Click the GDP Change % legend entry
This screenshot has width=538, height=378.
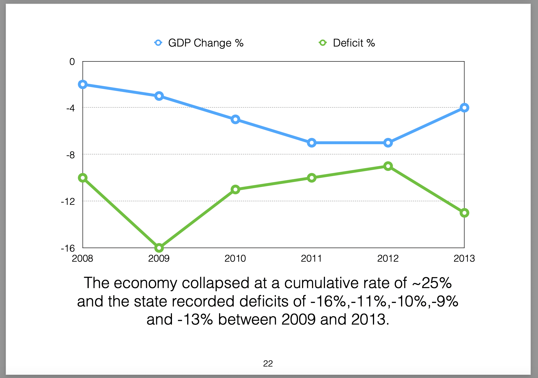tap(199, 43)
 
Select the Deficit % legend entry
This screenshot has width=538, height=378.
tap(347, 43)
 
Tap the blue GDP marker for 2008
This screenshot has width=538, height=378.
tap(83, 84)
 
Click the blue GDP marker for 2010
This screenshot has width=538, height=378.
tap(235, 119)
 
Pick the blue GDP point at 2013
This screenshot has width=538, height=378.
tap(464, 108)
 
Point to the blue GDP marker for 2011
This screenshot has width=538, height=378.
tap(311, 143)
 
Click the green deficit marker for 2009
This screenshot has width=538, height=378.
tap(159, 248)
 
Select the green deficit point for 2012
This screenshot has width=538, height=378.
tap(388, 166)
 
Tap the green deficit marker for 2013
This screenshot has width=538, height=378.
tap(464, 213)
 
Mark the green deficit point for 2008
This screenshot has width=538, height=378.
tap(83, 178)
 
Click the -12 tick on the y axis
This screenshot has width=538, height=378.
tap(68, 202)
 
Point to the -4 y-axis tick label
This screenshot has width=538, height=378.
tap(70, 108)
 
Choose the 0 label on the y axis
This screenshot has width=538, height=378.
tap(72, 62)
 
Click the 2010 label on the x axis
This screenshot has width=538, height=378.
tap(235, 259)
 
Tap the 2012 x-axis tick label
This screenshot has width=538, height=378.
tap(388, 259)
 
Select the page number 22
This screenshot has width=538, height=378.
tap(268, 364)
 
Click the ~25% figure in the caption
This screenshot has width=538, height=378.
tap(432, 283)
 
